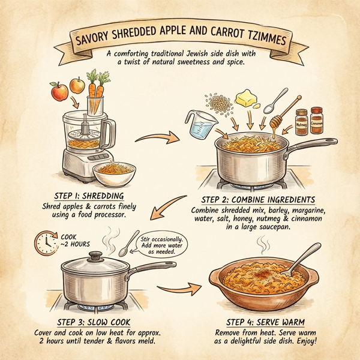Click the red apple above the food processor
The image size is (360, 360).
pos(59,92)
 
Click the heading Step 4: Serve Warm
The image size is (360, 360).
pos(269,321)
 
